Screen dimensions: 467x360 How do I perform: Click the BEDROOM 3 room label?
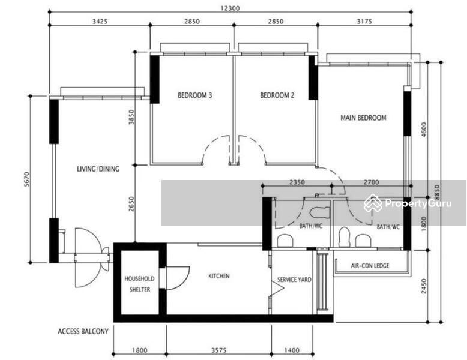click(194, 95)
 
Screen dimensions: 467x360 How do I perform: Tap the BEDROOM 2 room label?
click(277, 95)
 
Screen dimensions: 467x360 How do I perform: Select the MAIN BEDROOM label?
click(363, 118)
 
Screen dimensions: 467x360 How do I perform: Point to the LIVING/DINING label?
click(98, 169)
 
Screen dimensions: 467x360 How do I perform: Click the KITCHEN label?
click(219, 276)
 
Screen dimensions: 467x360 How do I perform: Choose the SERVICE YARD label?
click(294, 280)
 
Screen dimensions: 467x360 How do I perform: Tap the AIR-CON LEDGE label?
click(370, 265)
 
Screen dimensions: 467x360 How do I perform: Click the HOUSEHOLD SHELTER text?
click(139, 284)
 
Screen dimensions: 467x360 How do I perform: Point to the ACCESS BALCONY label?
click(83, 331)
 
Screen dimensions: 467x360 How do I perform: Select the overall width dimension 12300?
click(230, 8)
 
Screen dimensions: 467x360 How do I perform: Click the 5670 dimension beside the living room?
click(27, 179)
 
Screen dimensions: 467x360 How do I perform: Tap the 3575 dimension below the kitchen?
click(219, 350)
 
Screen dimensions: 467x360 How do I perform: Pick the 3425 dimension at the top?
click(100, 22)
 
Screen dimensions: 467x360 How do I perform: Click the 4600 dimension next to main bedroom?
click(424, 130)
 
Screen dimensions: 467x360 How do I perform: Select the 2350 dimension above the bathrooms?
click(297, 182)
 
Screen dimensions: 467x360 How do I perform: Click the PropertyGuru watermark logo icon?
click(373, 203)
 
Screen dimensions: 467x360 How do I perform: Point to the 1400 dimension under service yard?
click(292, 350)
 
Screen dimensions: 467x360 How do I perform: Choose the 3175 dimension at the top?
click(364, 22)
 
